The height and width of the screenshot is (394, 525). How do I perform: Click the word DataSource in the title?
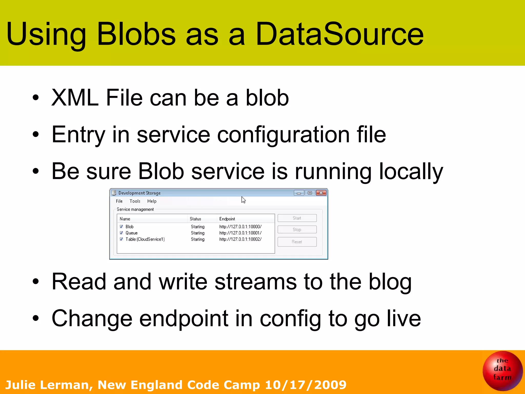click(339, 34)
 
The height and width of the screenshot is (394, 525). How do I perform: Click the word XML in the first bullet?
click(75, 97)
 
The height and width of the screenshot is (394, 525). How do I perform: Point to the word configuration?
click(283, 135)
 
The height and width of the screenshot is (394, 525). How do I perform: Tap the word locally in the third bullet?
click(411, 171)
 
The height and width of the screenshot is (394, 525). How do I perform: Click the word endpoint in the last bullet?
click(184, 318)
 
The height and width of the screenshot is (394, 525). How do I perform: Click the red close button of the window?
click(321, 193)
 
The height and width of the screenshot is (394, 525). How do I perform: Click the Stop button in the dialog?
click(297, 230)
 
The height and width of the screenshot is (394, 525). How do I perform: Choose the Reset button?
click(297, 242)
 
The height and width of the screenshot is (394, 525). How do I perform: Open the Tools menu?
click(135, 201)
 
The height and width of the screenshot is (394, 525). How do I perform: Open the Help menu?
click(152, 201)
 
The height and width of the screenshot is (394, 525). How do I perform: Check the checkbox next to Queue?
click(121, 233)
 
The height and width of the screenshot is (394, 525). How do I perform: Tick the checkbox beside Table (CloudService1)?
click(121, 239)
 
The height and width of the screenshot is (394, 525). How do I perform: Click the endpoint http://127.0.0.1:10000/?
click(240, 227)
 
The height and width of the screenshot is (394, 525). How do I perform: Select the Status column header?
click(195, 219)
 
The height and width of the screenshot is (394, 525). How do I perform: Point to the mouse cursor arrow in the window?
click(243, 200)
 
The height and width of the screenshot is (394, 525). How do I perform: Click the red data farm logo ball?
click(502, 370)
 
